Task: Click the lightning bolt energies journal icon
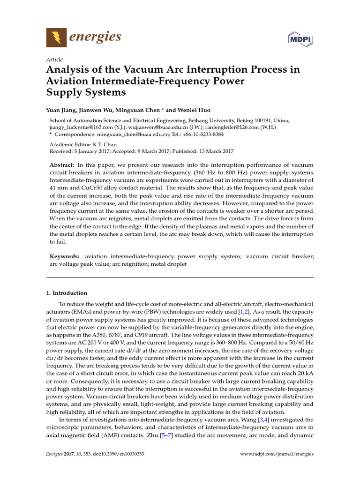pyautogui.click(x=56, y=37)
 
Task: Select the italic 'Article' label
pyautogui.click(x=54, y=60)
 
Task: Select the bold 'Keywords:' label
pyautogui.click(x=65, y=256)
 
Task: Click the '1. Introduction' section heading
pyautogui.click(x=67, y=293)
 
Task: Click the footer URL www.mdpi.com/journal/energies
pyautogui.click(x=277, y=454)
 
